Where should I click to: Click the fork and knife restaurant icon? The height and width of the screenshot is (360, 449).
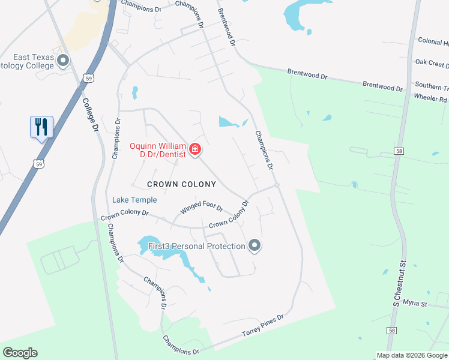click(41, 127)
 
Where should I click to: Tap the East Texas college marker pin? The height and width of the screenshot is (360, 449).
click(63, 59)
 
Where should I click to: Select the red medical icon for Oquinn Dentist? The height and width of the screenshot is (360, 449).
click(194, 149)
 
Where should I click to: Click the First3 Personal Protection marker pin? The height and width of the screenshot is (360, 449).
click(255, 245)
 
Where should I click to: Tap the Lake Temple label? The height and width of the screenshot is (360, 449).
click(134, 200)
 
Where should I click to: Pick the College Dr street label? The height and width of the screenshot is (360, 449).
click(90, 116)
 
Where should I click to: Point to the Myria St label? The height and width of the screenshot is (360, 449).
click(415, 304)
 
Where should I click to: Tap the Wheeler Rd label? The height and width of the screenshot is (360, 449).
click(430, 98)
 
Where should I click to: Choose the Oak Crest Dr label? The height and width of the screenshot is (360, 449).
click(432, 63)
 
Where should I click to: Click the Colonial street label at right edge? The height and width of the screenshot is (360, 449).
click(433, 43)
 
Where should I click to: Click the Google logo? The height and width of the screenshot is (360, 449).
click(20, 353)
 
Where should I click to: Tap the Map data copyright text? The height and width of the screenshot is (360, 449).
click(411, 355)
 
